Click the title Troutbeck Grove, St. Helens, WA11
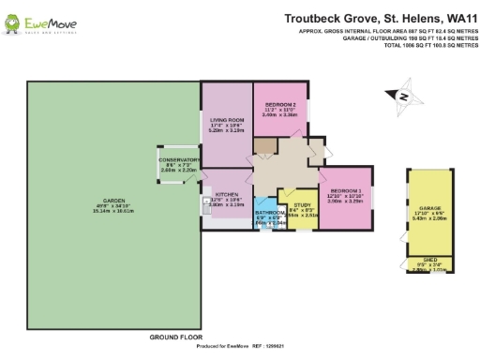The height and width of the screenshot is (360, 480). click(x=378, y=17)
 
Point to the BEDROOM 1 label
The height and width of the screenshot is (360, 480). click(x=344, y=190)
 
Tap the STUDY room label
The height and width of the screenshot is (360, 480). click(x=301, y=204)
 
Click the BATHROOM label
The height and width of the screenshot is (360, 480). click(x=270, y=213)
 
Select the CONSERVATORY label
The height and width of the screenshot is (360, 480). click(x=179, y=160)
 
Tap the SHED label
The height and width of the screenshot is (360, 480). click(x=430, y=260)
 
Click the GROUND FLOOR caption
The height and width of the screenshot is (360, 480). click(x=176, y=336)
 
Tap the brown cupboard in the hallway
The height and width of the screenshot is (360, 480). click(x=267, y=146)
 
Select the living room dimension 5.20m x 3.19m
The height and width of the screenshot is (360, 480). click(x=226, y=132)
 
